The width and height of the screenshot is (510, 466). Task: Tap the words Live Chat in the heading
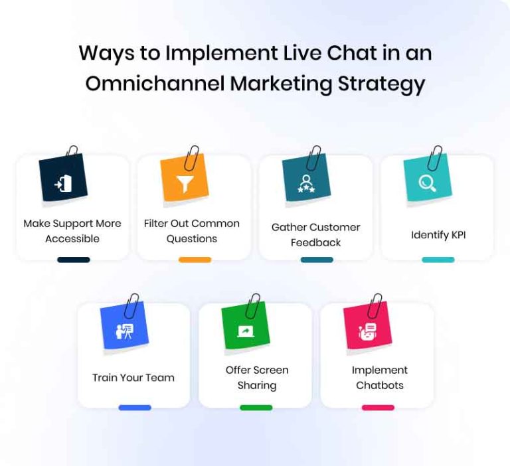tap(323, 53)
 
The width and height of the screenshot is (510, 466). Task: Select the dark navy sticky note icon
tap(63, 179)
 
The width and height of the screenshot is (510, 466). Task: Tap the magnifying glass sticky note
tap(428, 179)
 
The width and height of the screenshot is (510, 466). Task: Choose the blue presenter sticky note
tap(124, 327)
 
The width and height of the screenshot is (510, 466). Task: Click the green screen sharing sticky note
tap(246, 327)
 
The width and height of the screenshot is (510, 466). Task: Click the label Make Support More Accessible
tap(72, 231)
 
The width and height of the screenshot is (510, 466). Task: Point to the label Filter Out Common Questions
tap(192, 231)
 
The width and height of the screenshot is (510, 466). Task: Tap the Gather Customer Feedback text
tap(315, 234)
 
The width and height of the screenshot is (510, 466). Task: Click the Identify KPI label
tap(438, 234)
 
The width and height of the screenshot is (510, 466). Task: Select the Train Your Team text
tap(133, 378)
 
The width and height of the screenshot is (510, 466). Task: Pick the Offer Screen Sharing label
tap(257, 378)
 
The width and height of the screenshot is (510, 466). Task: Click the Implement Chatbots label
tap(380, 378)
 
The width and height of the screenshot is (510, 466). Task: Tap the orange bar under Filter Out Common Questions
tap(195, 260)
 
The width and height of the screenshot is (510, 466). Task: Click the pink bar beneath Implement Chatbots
tap(378, 408)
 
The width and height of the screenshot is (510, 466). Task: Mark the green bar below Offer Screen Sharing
tap(256, 408)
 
